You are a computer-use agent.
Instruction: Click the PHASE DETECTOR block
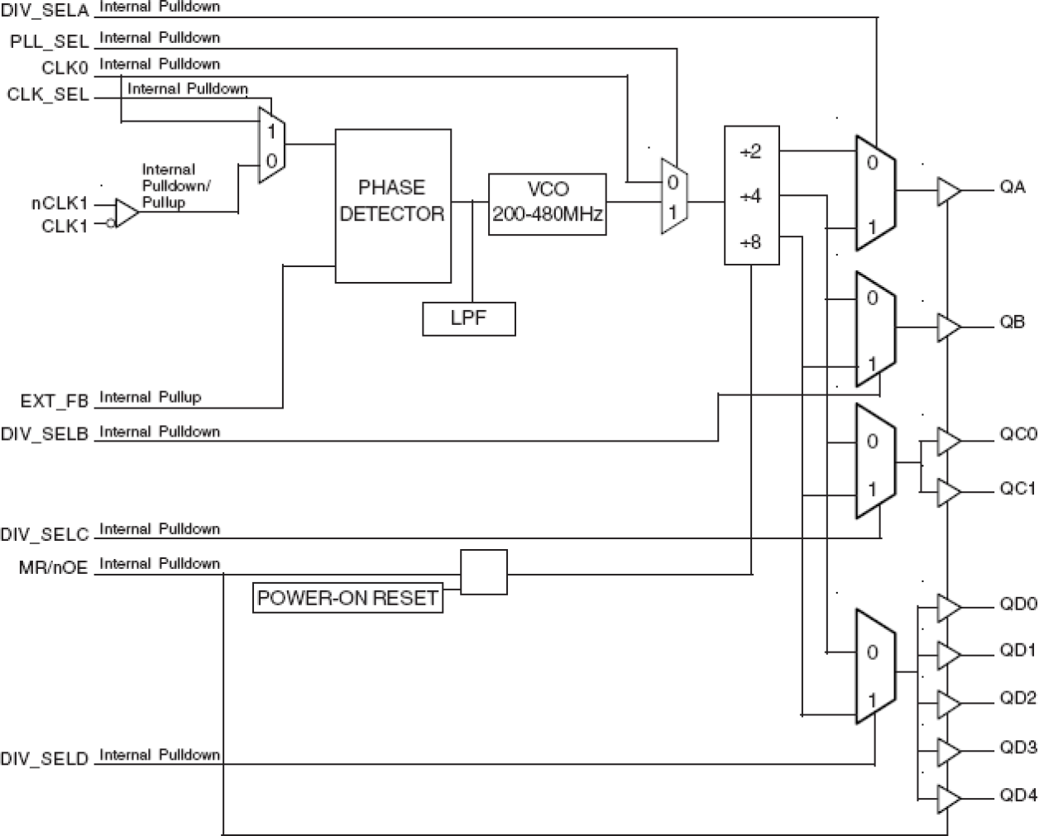392,205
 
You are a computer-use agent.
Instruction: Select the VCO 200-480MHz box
547,204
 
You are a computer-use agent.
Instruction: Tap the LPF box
468,318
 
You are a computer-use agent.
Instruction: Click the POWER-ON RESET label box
347,598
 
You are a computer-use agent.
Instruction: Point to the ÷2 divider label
749,152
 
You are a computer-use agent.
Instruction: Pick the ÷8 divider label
749,242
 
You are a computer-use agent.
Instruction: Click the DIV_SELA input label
45,11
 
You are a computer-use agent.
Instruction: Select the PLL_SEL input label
49,41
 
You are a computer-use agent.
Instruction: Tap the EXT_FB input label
55,402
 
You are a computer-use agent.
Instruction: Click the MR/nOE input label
53,568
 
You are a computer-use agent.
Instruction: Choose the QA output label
1013,188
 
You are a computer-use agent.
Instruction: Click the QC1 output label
1017,489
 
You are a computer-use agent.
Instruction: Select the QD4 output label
1017,795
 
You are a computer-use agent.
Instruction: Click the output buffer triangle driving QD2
948,705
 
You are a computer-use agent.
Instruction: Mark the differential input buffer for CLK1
127,213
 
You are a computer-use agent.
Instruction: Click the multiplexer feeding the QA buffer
875,193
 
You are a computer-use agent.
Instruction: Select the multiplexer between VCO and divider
674,197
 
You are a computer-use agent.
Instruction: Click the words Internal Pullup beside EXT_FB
150,398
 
